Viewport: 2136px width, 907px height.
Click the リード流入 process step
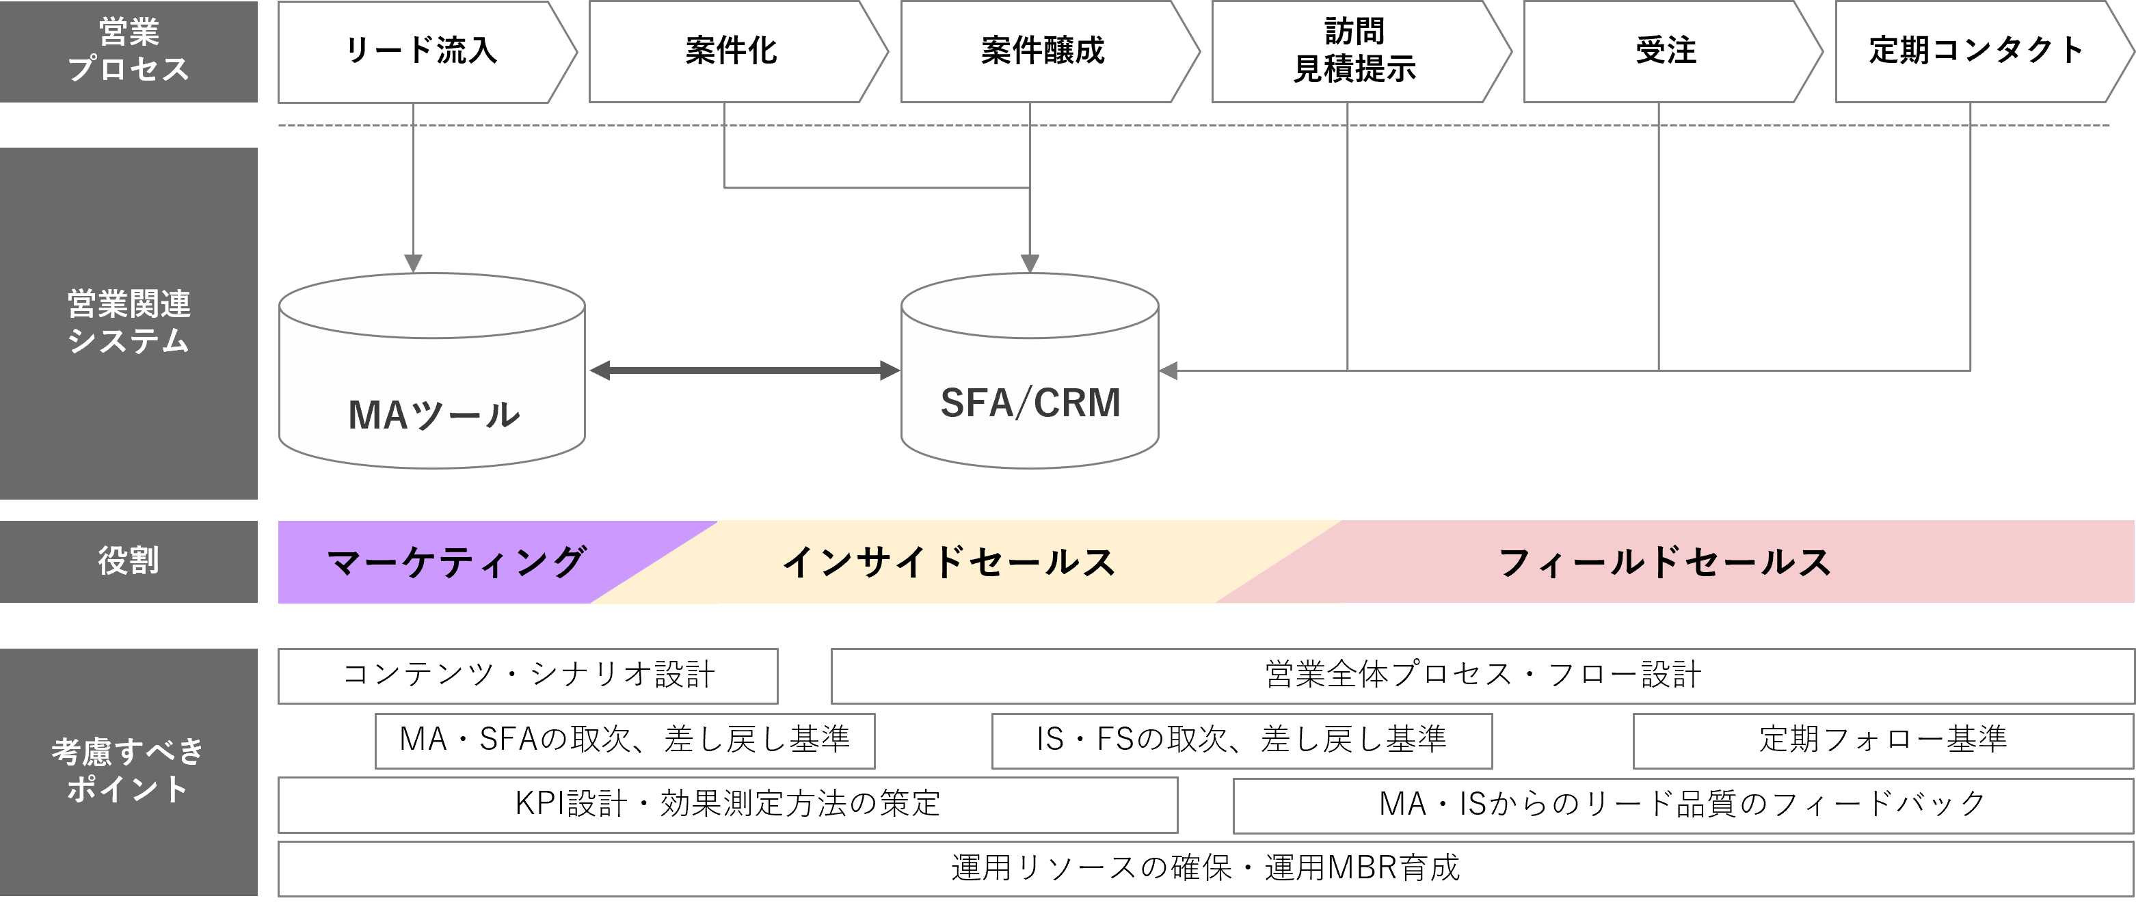coord(421,51)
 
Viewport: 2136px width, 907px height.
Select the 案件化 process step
coord(732,51)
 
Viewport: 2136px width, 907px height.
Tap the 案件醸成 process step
coord(1042,51)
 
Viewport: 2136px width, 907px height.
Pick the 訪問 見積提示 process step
coord(1354,51)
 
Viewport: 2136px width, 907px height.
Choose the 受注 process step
coord(1665,51)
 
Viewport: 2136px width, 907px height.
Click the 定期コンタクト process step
coord(1976,51)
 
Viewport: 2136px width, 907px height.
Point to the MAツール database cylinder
coord(432,390)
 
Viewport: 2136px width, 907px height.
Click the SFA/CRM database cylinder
coord(1030,390)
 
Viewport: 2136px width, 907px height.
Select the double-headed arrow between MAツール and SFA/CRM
coord(744,370)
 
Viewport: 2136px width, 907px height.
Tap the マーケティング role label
coord(456,562)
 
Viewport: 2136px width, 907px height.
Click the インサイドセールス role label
coord(950,562)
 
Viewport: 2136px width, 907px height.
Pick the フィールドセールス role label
coord(1665,562)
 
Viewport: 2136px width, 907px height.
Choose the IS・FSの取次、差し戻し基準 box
coord(1241,740)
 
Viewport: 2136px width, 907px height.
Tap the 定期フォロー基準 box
coord(1883,740)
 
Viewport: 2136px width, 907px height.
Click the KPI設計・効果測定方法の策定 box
coord(727,804)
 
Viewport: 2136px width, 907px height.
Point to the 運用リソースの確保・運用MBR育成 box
coord(1205,869)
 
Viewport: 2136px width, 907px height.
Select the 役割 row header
coord(129,561)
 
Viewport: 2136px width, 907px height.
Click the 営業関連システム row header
coord(129,323)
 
